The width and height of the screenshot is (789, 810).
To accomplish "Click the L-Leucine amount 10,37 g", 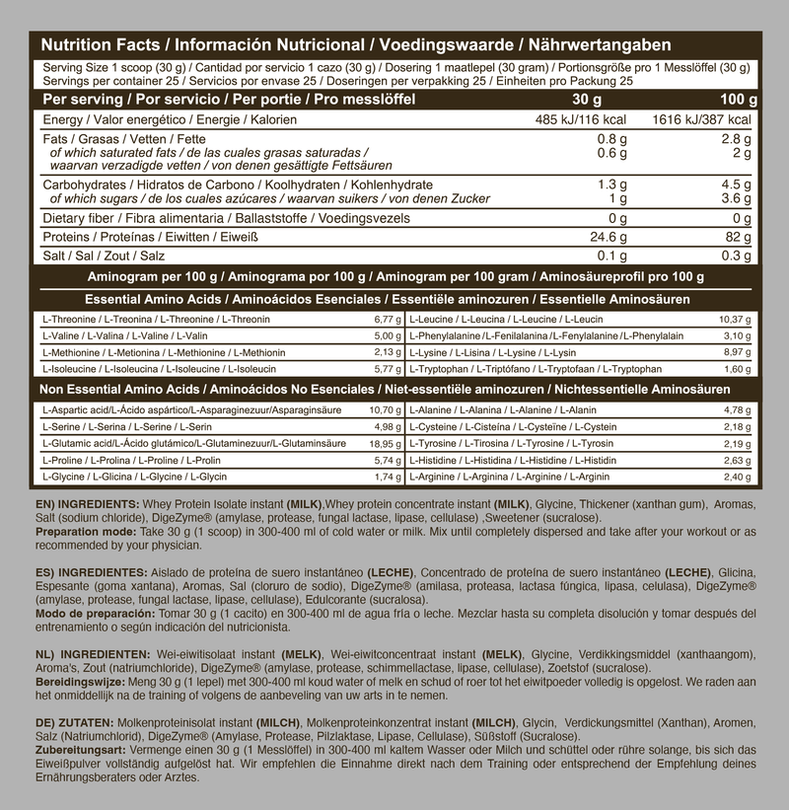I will pyautogui.click(x=763, y=320).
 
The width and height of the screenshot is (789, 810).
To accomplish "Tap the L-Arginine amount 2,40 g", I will pyautogui.click(x=765, y=478).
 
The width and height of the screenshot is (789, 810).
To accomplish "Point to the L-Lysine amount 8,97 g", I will pyautogui.click(x=765, y=351).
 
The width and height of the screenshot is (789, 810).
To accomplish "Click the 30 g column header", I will pyautogui.click(x=587, y=100).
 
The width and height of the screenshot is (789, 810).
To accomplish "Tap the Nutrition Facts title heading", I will pyautogui.click(x=356, y=45).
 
